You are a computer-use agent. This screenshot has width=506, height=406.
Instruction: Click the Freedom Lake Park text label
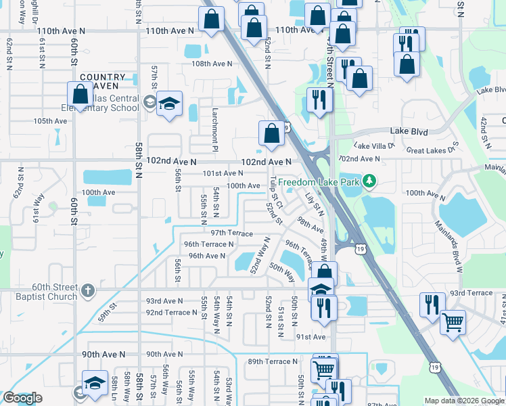pos(319,181)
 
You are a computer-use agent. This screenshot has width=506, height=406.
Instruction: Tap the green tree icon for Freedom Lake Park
pos(369,181)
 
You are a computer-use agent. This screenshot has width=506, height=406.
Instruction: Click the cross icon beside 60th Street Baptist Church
pos(87,291)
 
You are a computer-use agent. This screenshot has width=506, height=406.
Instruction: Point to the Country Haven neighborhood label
pos(102,81)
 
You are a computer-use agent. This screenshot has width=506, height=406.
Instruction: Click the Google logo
pos(22,399)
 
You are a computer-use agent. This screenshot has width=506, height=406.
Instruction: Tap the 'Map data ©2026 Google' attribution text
pos(464,401)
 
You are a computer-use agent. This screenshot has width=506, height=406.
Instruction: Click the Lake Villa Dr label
pos(374,145)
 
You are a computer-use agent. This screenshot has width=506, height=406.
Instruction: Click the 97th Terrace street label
pos(231,232)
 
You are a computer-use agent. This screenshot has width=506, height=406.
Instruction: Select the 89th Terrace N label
pos(273,361)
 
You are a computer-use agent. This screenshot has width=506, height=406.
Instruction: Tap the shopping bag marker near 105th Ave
pos(80,95)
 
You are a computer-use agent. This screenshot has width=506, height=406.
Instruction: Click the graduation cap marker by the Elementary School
pos(169,104)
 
